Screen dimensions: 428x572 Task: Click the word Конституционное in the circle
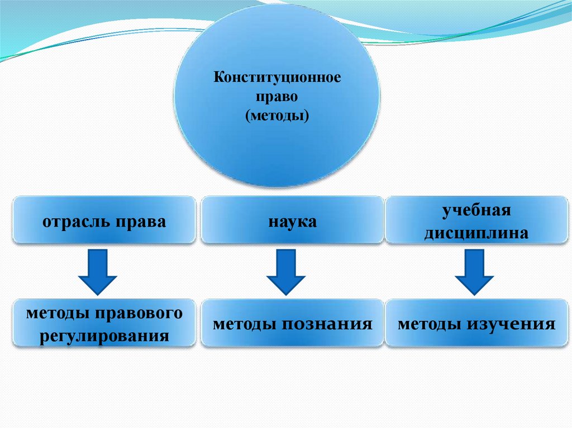pos(277,77)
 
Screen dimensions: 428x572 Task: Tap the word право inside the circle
pos(277,97)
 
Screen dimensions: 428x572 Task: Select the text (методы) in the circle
pos(277,116)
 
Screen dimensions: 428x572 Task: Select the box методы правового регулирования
pos(104,324)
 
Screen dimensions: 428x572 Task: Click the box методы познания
pos(292,324)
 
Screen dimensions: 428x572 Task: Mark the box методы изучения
pos(476,324)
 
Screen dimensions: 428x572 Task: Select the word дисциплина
pos(476,233)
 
